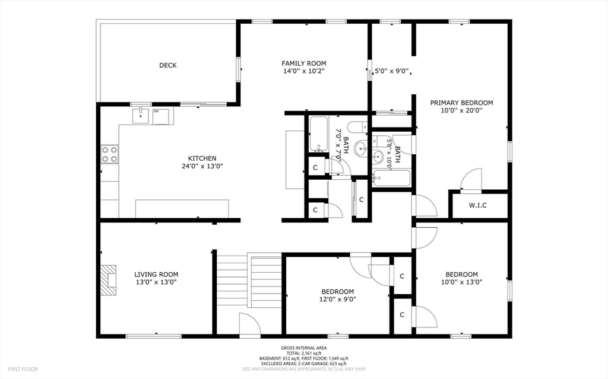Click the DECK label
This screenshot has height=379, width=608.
point(168,65)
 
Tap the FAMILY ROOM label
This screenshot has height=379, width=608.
point(303,63)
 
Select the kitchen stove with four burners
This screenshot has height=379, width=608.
point(109,154)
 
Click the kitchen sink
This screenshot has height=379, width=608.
point(140,116)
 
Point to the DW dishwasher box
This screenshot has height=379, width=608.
point(161,116)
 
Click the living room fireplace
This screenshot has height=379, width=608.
point(109,280)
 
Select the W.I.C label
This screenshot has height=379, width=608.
point(477,205)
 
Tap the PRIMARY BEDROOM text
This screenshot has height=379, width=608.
point(461,103)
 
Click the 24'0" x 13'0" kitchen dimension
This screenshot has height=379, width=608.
point(202,166)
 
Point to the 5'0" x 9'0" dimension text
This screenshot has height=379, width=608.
point(392,71)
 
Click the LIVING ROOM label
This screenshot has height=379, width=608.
point(156,275)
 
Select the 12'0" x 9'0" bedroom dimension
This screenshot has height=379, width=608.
point(338,299)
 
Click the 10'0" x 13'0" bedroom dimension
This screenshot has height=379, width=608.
point(461,282)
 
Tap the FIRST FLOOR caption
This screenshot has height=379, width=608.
point(23,369)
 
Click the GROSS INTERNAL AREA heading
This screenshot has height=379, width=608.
point(304,348)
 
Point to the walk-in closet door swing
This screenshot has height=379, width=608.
point(471,179)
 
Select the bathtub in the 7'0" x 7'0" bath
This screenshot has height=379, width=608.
point(319,134)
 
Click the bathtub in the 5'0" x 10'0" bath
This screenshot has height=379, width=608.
point(391,179)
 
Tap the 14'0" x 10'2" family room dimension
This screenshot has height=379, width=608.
point(303,71)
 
